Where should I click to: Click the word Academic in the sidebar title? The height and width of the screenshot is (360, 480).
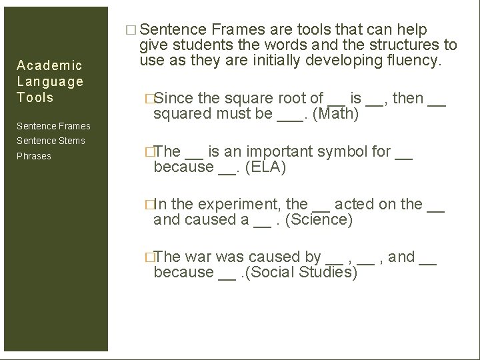point(49,65)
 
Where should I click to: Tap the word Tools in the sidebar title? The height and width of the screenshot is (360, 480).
point(35,97)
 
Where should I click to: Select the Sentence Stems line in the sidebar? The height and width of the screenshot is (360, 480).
point(51,141)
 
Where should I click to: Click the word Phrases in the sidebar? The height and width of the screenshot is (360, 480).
point(34,156)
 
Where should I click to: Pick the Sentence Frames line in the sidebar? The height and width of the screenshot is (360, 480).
point(54,126)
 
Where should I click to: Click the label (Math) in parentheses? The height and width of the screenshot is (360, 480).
point(336,114)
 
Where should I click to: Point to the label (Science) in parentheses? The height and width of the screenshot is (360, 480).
point(319,219)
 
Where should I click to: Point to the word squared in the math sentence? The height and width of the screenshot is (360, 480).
point(181,114)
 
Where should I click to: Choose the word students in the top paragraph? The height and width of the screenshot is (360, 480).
point(201,45)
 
